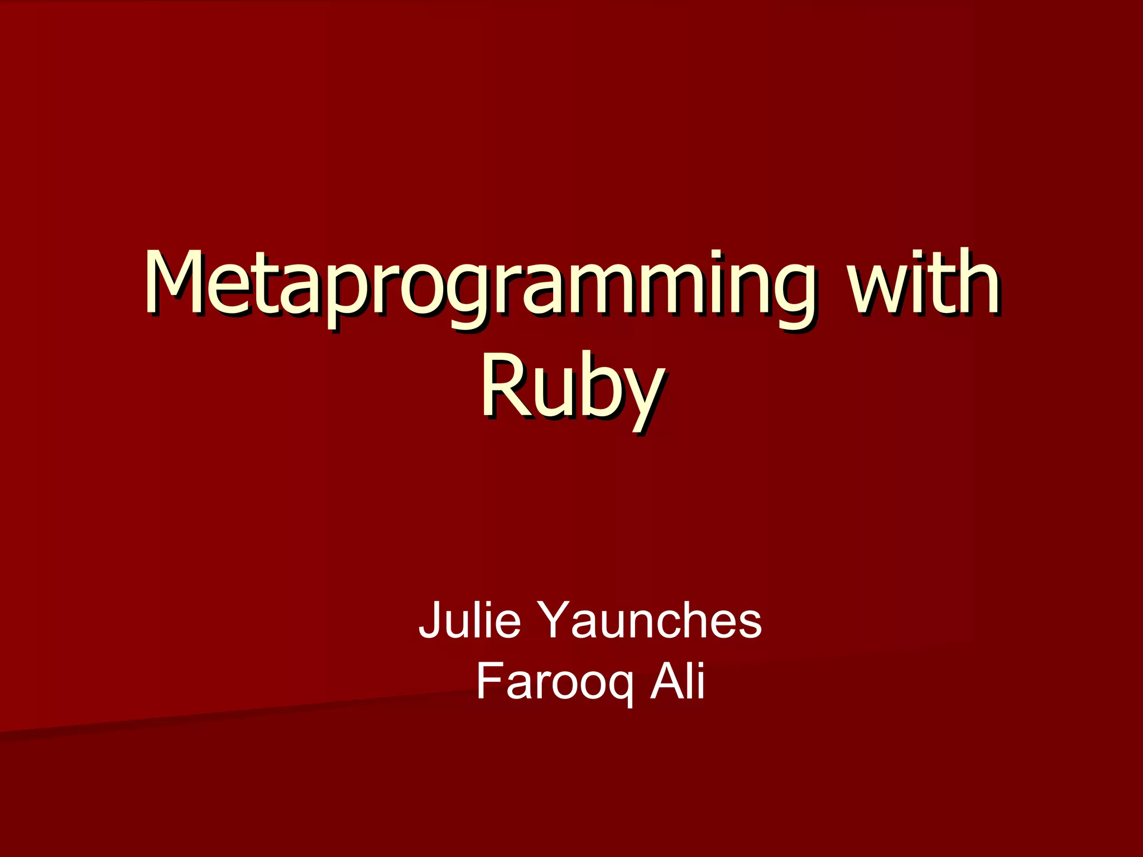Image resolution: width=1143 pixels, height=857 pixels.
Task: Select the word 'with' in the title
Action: tap(924, 285)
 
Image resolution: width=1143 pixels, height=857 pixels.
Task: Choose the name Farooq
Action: tap(555, 682)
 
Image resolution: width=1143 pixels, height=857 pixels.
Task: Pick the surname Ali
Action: tap(678, 681)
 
